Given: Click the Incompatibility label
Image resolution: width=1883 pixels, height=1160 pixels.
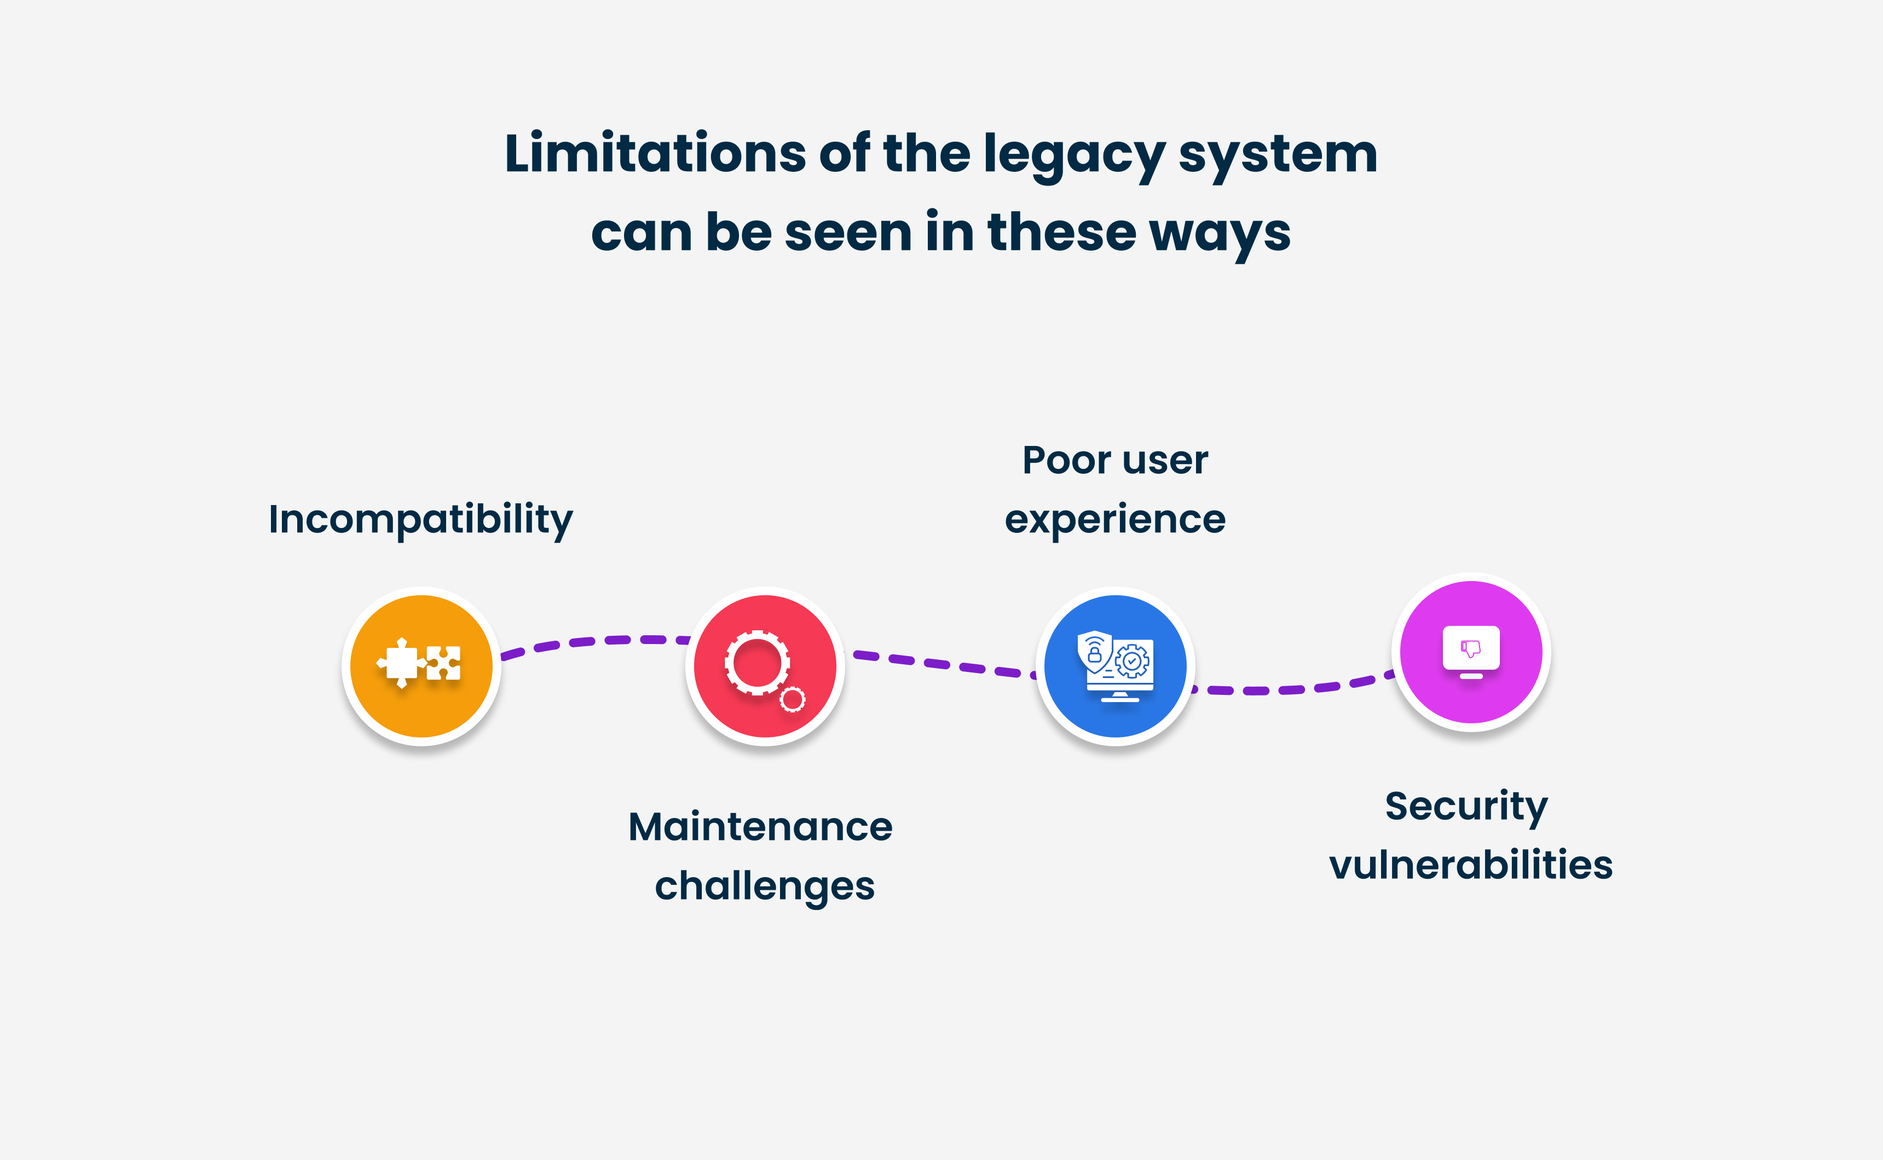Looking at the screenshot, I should [420, 519].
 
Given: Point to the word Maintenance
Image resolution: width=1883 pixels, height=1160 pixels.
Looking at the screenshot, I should [760, 827].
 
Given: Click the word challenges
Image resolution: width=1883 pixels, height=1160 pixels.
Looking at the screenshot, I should [764, 886].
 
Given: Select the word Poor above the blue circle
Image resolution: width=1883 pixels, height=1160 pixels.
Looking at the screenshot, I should [1066, 460].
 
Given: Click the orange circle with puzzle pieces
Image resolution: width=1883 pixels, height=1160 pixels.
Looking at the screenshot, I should [421, 665].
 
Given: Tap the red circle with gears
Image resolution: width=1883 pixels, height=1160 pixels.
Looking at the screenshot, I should [765, 665].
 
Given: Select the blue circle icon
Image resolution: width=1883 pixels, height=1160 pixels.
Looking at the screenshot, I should [1115, 665].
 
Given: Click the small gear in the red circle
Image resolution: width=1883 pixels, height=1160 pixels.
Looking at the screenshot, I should [793, 699].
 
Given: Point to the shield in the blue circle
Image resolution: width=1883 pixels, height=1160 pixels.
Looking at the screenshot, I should [1094, 652].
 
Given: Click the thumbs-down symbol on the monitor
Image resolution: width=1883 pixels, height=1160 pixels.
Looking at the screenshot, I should [1470, 648].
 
